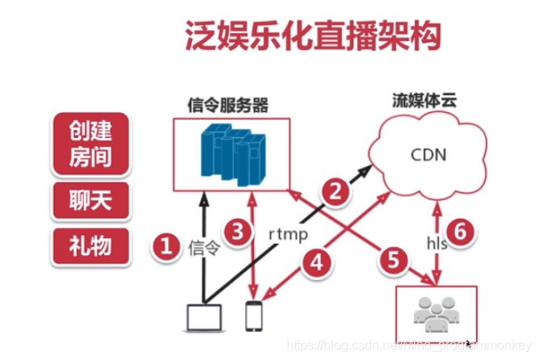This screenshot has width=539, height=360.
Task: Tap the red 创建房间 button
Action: click(90, 144)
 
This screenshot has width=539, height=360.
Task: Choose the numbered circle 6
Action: click(461, 231)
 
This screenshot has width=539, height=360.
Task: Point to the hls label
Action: click(436, 241)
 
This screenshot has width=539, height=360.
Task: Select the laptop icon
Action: click(203, 318)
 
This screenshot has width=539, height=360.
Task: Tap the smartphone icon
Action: click(254, 317)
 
